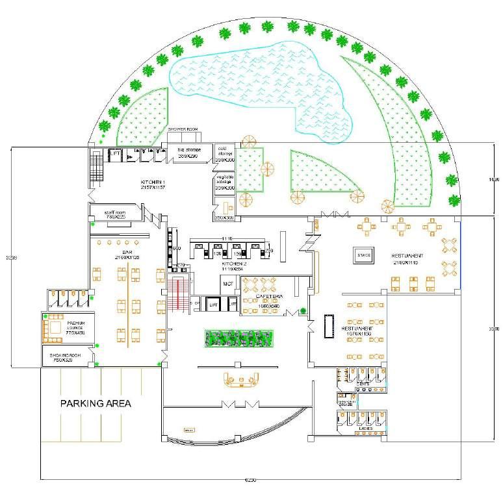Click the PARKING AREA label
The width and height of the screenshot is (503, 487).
coord(96,403)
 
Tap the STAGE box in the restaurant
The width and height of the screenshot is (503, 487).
coord(363,255)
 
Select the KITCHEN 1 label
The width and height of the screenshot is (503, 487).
coord(154,183)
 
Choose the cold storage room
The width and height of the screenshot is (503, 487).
coord(225,155)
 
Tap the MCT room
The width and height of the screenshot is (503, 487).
coord(228,284)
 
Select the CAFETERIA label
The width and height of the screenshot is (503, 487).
coord(270,295)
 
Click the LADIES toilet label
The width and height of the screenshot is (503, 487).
coord(365,429)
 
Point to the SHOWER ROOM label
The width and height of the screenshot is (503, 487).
coord(183,129)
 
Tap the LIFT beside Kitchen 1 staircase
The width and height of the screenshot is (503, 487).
coord(113,154)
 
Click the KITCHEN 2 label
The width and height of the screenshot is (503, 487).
coord(232,265)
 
